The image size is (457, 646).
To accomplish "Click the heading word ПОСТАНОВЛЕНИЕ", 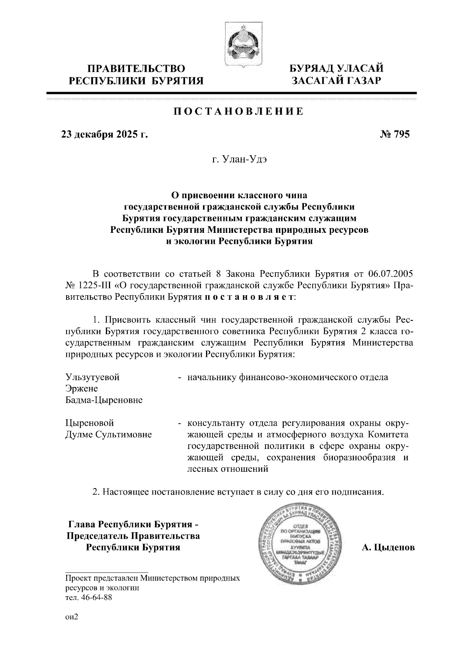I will coord(239,111).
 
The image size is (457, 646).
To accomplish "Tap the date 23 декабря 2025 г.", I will coord(104,134).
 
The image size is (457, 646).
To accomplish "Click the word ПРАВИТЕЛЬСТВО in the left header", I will coord(137,69).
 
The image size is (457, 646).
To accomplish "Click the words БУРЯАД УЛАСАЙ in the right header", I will coord(336,69).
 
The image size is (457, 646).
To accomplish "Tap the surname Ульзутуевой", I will coord(93,377).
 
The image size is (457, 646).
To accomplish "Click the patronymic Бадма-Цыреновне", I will coord(104,400).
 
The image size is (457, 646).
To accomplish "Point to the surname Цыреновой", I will coord(90,423).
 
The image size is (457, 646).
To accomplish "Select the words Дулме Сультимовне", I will coord(109,434).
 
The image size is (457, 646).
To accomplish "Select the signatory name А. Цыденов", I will coord(388,548).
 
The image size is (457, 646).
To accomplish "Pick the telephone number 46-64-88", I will coord(95,597).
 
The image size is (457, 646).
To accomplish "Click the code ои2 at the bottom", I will coord(72,617).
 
